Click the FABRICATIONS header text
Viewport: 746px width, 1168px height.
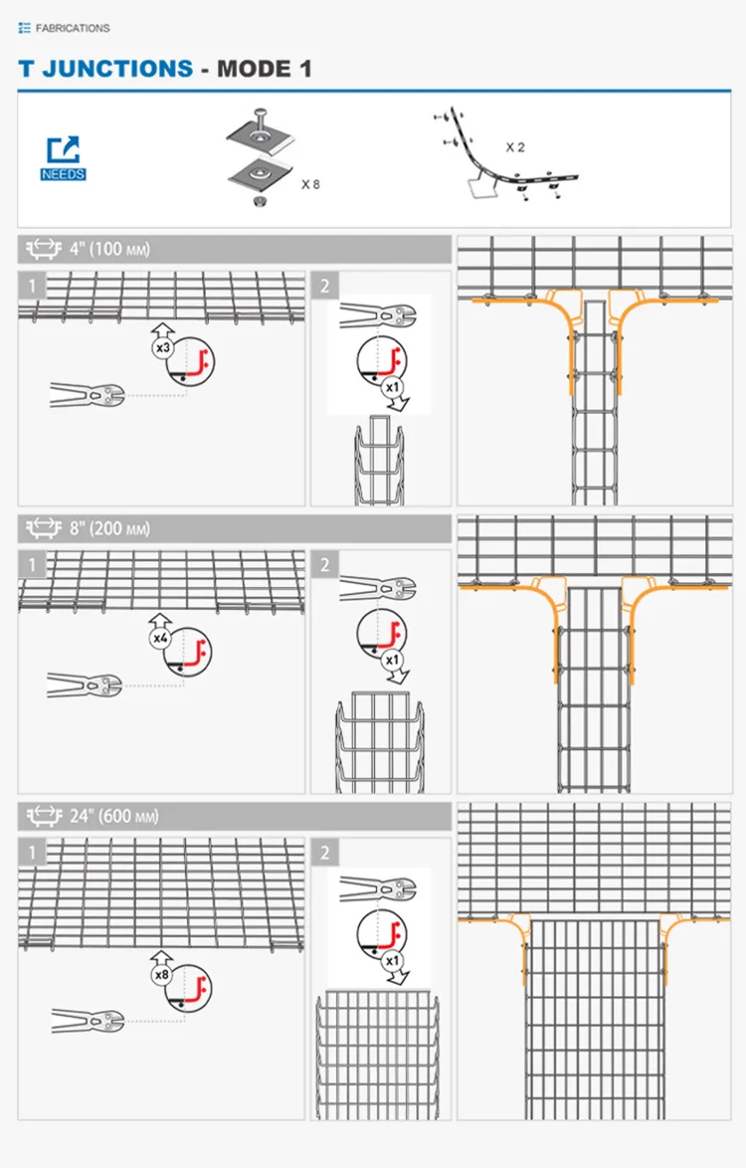pyautogui.click(x=72, y=29)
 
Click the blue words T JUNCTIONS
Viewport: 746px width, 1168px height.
pyautogui.click(x=105, y=69)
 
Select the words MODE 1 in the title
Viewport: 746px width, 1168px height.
pyautogui.click(x=264, y=69)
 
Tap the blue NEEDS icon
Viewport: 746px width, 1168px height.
pyautogui.click(x=63, y=158)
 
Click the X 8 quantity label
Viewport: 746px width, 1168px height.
pyautogui.click(x=310, y=184)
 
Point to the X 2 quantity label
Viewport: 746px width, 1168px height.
pyautogui.click(x=514, y=147)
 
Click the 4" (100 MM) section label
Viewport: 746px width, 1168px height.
pyautogui.click(x=109, y=249)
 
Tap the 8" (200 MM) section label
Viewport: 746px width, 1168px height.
pyautogui.click(x=109, y=528)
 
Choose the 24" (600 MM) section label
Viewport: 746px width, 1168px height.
pyautogui.click(x=113, y=817)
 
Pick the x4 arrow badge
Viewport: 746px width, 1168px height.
pyautogui.click(x=161, y=631)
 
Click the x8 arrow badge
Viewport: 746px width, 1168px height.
pyautogui.click(x=161, y=969)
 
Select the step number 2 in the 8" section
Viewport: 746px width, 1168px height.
pyautogui.click(x=325, y=565)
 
